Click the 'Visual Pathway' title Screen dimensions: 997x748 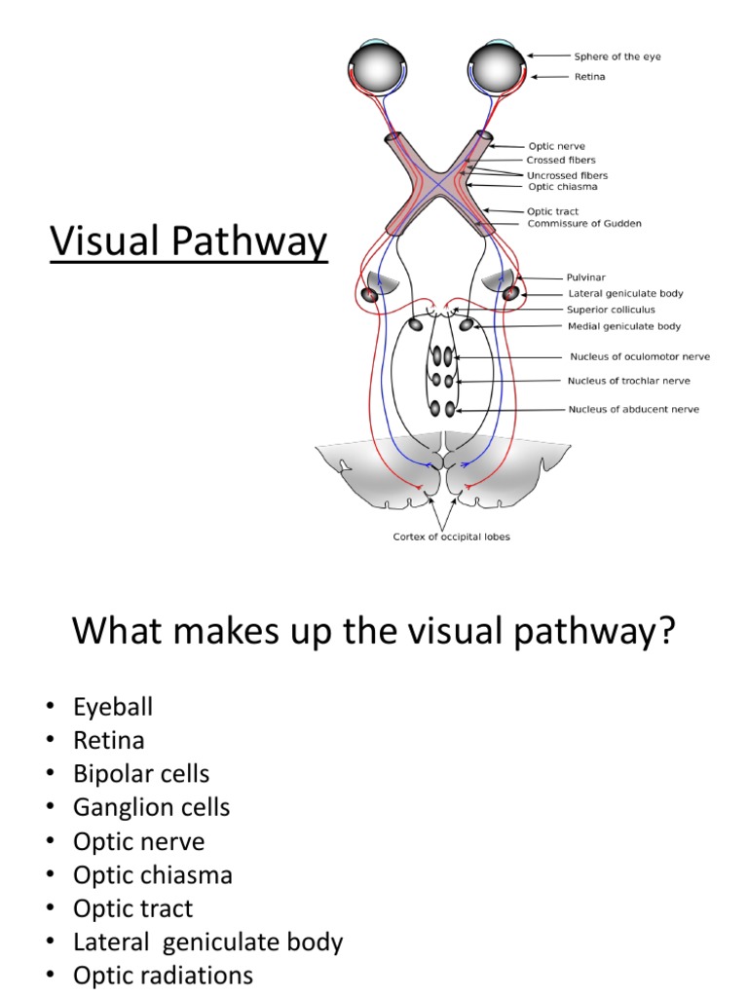point(189,242)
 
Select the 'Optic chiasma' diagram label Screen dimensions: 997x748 point(563,187)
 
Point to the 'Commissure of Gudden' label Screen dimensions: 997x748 point(584,224)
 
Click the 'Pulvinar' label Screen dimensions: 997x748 point(587,277)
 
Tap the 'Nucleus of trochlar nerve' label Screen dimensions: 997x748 point(630,381)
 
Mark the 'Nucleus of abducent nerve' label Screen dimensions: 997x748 point(633,409)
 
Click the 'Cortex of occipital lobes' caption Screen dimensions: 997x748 point(451,536)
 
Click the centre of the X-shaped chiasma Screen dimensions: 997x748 point(435,183)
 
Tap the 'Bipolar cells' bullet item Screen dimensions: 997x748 point(141,774)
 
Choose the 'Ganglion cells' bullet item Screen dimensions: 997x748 point(151,807)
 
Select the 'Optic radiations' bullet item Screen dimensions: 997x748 point(163,976)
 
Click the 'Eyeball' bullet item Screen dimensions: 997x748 point(113,707)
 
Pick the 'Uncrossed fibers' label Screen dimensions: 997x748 point(574,175)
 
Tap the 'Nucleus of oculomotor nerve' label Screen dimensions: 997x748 point(636,356)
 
